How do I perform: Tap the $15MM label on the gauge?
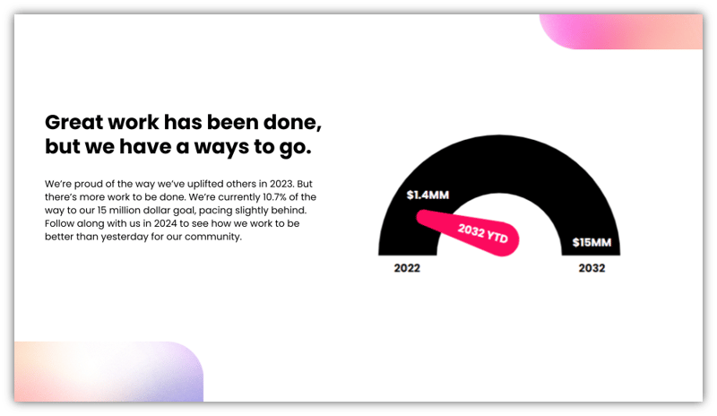tap(592, 243)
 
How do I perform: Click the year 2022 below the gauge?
tap(407, 268)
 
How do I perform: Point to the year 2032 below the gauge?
tap(592, 268)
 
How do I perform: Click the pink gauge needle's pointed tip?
tap(419, 215)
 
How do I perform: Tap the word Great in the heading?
tap(74, 122)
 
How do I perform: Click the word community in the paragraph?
tap(211, 238)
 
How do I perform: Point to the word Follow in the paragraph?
tap(60, 224)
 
